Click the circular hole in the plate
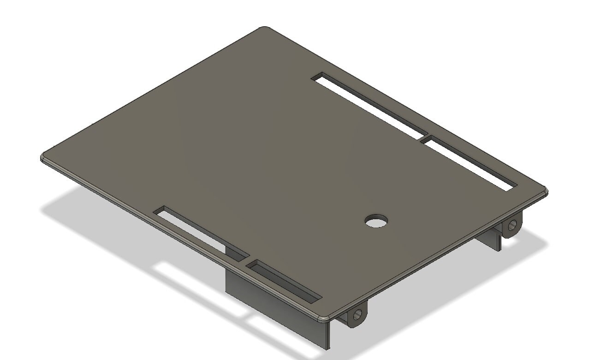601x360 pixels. [376, 221]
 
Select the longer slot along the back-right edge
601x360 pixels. [368, 105]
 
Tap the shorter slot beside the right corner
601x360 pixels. [468, 163]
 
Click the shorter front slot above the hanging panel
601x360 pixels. [284, 281]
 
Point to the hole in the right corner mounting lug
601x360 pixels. [512, 225]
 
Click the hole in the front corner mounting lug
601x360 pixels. [357, 315]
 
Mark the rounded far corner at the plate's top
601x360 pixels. [264, 29]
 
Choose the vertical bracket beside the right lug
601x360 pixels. [494, 239]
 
